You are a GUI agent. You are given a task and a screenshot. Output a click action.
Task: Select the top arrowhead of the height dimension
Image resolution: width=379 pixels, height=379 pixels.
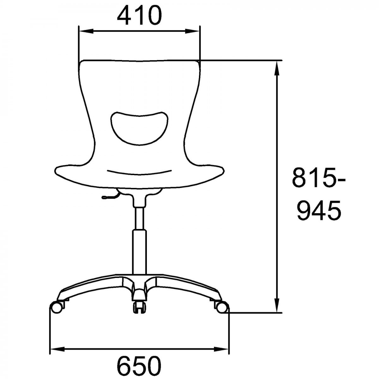pyautogui.click(x=277, y=68)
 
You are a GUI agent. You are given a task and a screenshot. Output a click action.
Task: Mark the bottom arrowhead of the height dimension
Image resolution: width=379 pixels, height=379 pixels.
pyautogui.click(x=277, y=305)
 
